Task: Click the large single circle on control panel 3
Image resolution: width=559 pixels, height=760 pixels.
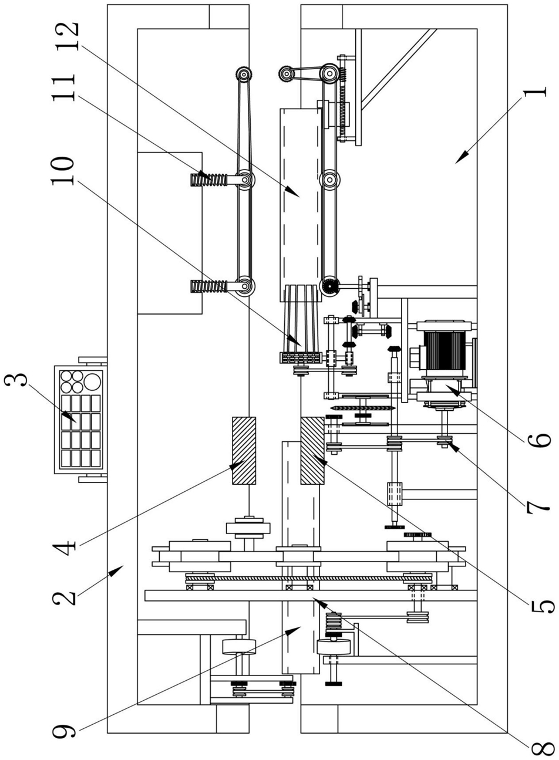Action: [x=93, y=382]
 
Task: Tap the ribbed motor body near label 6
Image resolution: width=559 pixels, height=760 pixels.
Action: [x=444, y=350]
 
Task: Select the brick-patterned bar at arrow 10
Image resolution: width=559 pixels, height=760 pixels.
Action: [x=301, y=357]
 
